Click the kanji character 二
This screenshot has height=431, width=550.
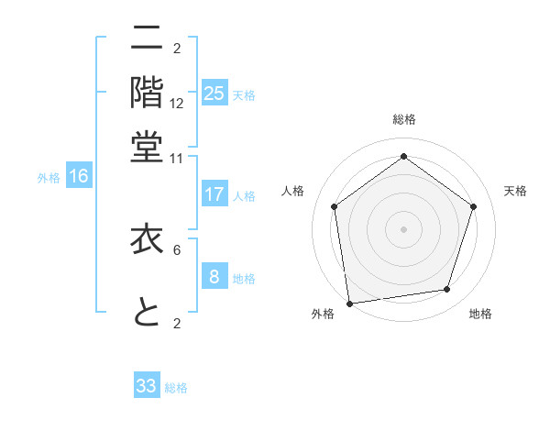(x=148, y=39)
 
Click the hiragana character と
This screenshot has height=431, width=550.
(x=148, y=313)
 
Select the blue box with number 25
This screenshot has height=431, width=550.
(x=214, y=94)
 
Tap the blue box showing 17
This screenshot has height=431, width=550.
(x=214, y=194)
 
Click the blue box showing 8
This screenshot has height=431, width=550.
(x=214, y=277)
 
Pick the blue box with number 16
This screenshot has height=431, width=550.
(x=79, y=177)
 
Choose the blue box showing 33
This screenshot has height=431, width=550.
(x=147, y=386)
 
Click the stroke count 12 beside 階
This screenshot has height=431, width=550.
(x=177, y=103)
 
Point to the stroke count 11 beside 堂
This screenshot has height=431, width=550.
(x=177, y=158)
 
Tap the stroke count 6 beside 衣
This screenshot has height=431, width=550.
(x=177, y=249)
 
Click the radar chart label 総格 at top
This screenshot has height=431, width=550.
(x=404, y=119)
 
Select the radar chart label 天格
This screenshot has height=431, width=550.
(x=515, y=191)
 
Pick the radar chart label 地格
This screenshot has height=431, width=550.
(x=480, y=314)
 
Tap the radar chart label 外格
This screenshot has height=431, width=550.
(x=323, y=314)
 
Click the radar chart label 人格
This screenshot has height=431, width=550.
(x=292, y=191)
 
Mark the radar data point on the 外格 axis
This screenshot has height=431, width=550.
(x=349, y=302)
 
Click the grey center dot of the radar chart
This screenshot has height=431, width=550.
(x=403, y=228)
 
